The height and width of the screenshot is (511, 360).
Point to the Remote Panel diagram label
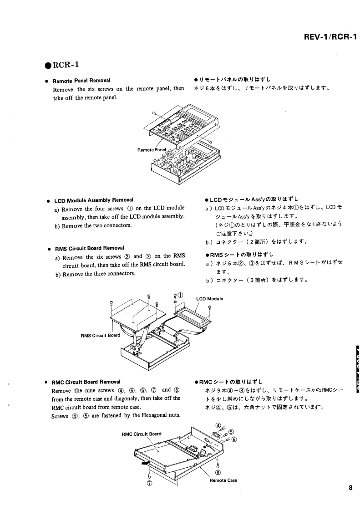tap(152, 149)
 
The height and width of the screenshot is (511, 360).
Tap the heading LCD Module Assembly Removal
tap(93, 200)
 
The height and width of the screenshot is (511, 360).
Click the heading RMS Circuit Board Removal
tap(89, 248)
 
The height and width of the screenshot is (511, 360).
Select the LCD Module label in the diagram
tap(209, 299)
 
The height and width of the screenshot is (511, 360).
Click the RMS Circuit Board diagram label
tap(100, 335)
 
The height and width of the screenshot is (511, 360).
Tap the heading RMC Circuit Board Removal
tap(86, 382)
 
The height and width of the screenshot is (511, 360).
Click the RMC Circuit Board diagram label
tap(141, 434)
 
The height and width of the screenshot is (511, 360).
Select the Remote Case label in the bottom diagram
tap(223, 480)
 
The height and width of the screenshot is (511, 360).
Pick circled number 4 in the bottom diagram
tap(216, 426)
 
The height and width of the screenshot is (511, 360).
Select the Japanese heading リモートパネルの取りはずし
tap(233, 80)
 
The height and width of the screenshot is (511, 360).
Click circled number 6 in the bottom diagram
tap(234, 439)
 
